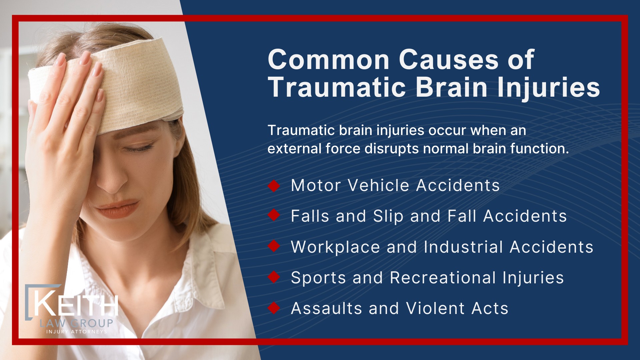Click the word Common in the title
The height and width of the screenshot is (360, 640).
click(328, 60)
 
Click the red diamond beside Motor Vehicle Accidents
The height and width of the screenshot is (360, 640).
click(274, 186)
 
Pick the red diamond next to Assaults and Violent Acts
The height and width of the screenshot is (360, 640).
click(274, 308)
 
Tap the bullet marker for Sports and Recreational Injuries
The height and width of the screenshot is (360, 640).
click(274, 277)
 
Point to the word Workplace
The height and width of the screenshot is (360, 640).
click(335, 247)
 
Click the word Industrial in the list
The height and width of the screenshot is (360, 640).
click(463, 247)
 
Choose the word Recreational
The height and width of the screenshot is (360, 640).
click(443, 278)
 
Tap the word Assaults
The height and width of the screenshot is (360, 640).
click(326, 308)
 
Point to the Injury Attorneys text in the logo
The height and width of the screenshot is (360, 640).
click(77, 332)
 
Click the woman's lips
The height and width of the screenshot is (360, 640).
click(117, 208)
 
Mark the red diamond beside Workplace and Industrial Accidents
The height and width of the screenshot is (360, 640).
click(274, 247)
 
